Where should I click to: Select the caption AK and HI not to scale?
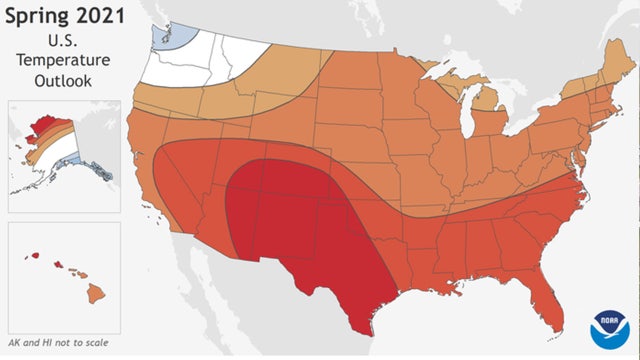56,343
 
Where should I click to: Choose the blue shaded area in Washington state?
165,35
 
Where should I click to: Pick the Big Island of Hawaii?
96,293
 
